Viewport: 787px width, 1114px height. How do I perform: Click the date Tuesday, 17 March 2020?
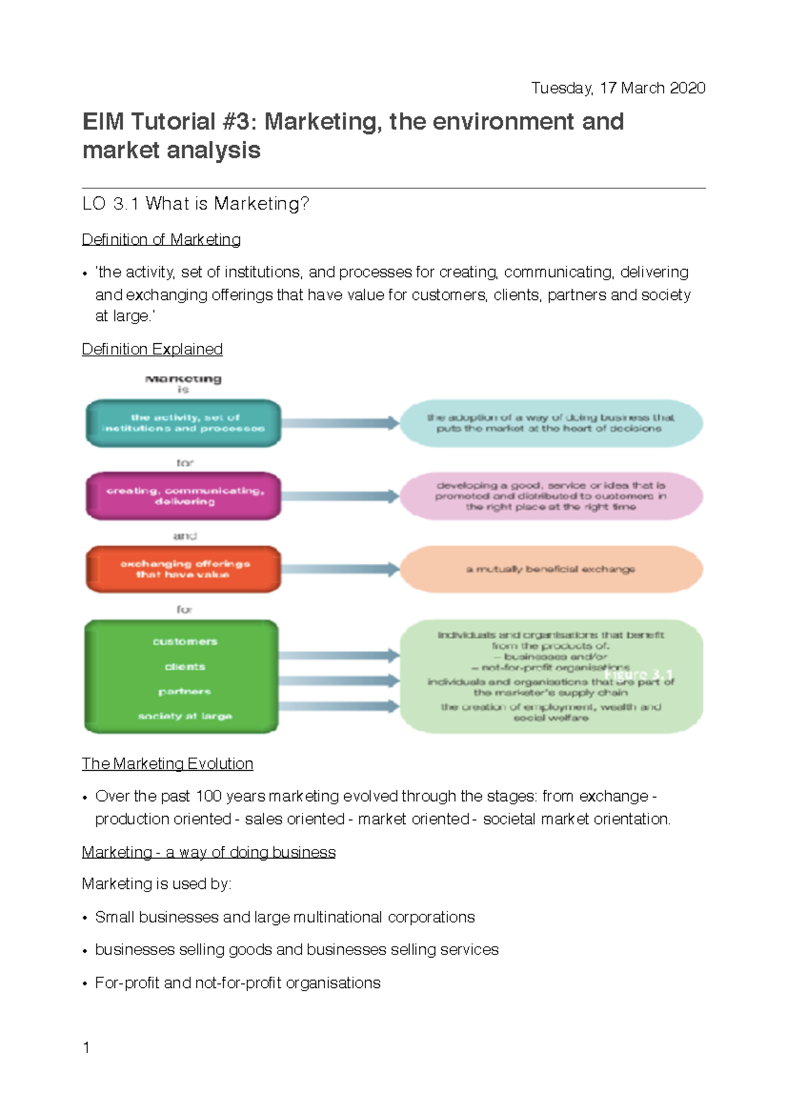[x=618, y=88]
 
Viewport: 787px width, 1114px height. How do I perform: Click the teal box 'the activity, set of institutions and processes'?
[x=184, y=423]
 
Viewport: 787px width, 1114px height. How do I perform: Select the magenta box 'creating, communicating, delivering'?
[x=184, y=496]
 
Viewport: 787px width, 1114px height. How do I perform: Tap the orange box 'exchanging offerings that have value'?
[x=184, y=569]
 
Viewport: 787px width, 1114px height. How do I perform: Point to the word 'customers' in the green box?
[x=185, y=642]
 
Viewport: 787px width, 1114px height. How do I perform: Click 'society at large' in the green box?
[x=185, y=716]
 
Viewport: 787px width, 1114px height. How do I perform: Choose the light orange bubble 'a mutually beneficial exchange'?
[x=551, y=569]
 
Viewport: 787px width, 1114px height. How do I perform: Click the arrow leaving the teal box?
[x=340, y=423]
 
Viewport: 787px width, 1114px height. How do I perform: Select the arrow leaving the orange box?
[x=340, y=569]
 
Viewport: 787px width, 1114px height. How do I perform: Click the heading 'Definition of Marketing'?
[x=161, y=239]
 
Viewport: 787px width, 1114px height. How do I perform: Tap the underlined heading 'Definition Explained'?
[x=152, y=349]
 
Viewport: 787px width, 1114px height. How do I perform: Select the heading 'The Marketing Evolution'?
[x=167, y=764]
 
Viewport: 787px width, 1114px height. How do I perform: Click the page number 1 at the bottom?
[x=86, y=1048]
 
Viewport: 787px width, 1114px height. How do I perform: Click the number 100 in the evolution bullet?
[x=209, y=796]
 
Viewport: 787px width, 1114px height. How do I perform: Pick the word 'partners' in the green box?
[x=185, y=691]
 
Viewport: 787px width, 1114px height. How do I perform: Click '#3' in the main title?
[x=239, y=122]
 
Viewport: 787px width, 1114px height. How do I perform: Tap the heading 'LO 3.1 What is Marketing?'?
[x=195, y=204]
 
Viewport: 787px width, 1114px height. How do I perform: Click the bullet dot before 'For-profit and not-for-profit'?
[x=85, y=984]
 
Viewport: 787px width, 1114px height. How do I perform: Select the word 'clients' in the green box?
[x=185, y=667]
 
